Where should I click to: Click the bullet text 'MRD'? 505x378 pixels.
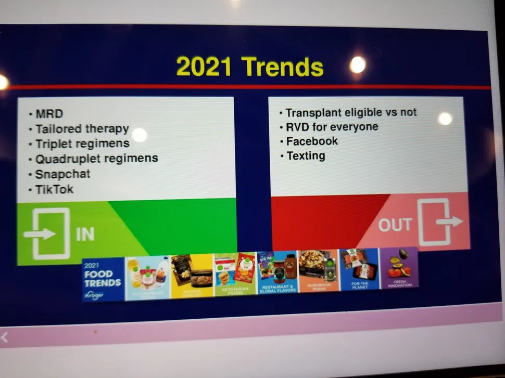(48, 113)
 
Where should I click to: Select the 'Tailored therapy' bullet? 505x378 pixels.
(82, 129)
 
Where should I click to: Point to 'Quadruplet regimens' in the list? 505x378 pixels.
(96, 158)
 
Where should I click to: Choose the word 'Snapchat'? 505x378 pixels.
(62, 174)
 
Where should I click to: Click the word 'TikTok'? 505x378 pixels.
(54, 189)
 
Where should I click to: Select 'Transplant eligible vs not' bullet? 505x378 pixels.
(351, 112)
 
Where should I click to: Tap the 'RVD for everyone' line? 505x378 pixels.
(332, 127)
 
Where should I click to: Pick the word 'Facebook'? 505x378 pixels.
(312, 141)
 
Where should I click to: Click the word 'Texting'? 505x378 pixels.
(306, 155)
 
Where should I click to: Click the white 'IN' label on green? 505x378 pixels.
(85, 234)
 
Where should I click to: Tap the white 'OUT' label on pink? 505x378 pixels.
(395, 225)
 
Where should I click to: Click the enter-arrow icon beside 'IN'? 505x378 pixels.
(47, 233)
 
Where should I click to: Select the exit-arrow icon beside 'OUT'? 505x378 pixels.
(440, 221)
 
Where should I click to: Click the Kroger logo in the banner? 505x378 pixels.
(94, 295)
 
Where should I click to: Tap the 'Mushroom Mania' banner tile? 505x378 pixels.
(318, 270)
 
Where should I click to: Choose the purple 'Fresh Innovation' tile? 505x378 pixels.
(399, 267)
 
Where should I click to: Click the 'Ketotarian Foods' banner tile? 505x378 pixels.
(235, 275)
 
